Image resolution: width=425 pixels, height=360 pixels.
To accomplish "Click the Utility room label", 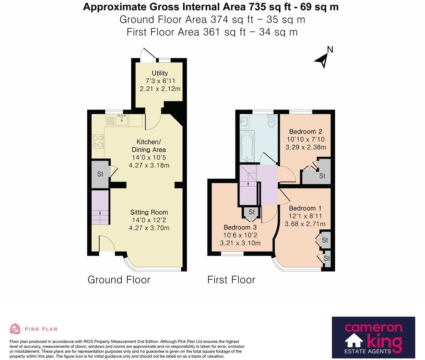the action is click(160, 73).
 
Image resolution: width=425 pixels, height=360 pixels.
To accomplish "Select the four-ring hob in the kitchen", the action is click(98, 142).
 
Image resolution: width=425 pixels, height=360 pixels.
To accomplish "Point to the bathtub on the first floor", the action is click(247, 146).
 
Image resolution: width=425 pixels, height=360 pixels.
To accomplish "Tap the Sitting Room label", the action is click(149, 212).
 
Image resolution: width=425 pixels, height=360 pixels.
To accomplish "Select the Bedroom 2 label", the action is click(306, 132).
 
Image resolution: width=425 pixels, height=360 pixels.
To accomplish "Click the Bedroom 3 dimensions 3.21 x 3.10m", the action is click(241, 243).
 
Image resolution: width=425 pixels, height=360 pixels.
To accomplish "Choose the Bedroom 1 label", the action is click(305, 208).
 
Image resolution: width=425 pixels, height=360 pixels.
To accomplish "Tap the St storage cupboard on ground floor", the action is click(100, 174).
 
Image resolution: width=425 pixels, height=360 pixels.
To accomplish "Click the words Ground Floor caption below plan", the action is click(119, 280).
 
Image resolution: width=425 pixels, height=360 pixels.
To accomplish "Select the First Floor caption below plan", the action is click(231, 280).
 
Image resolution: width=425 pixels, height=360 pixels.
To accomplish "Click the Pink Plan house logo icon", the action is click(15, 329).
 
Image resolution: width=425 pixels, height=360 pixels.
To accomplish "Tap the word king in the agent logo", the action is click(385, 342).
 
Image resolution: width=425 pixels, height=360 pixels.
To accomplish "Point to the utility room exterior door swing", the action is click(148, 54).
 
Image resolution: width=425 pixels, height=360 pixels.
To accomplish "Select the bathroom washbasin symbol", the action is click(245, 121).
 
